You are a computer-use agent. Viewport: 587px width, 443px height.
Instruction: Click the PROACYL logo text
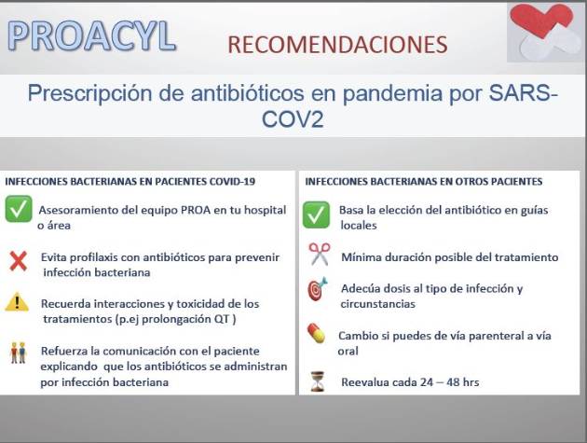[x=90, y=35]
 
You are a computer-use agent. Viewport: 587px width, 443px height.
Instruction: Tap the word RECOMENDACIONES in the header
[x=337, y=44]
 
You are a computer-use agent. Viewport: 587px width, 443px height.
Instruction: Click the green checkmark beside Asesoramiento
[x=19, y=209]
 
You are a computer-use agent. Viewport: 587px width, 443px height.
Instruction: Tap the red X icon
[x=18, y=260]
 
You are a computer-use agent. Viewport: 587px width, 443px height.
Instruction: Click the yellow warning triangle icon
[x=17, y=301]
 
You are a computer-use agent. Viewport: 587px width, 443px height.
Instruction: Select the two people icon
[x=17, y=352]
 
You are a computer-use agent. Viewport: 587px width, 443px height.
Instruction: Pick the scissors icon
[x=319, y=253]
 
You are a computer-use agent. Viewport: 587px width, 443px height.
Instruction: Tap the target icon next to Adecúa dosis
[x=318, y=289]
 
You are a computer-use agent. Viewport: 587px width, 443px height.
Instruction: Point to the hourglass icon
[x=318, y=381]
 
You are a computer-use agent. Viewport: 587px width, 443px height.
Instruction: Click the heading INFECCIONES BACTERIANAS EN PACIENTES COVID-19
[x=130, y=181]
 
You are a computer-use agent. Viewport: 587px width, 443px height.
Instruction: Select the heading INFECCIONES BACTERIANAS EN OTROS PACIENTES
[x=424, y=181]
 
